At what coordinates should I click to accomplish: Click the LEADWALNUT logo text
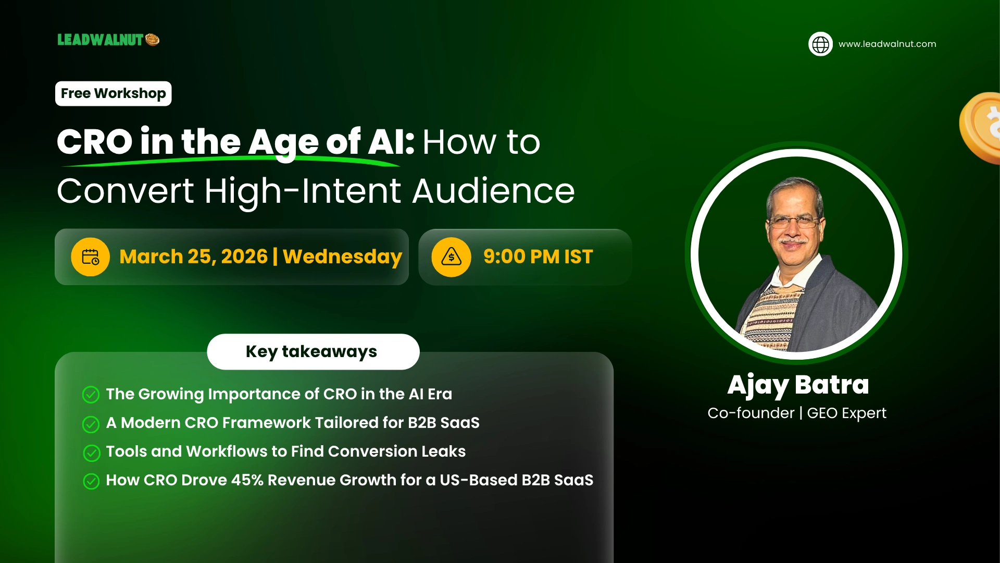[x=100, y=40]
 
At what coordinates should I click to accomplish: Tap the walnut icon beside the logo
[x=153, y=40]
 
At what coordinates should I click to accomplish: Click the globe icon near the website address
[x=820, y=44]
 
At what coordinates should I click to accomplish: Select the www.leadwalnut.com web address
[x=887, y=44]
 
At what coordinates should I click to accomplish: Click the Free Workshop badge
[x=114, y=94]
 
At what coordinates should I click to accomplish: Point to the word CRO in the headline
[x=94, y=142]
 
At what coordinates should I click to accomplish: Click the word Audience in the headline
[x=493, y=191]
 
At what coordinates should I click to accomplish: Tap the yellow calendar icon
[x=91, y=257]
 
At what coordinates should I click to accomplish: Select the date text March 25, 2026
[x=193, y=257]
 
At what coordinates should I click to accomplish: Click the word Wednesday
[x=342, y=257]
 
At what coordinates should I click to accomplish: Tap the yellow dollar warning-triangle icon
[x=451, y=257]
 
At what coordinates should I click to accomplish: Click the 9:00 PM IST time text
[x=538, y=257]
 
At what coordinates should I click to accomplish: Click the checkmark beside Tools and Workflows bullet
[x=92, y=453]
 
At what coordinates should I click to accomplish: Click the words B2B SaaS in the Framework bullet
[x=443, y=423]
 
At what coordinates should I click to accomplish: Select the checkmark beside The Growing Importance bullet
[x=91, y=395]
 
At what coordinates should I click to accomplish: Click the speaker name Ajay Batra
[x=798, y=385]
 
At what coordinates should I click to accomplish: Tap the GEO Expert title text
[x=846, y=413]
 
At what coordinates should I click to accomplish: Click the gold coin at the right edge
[x=982, y=128]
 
